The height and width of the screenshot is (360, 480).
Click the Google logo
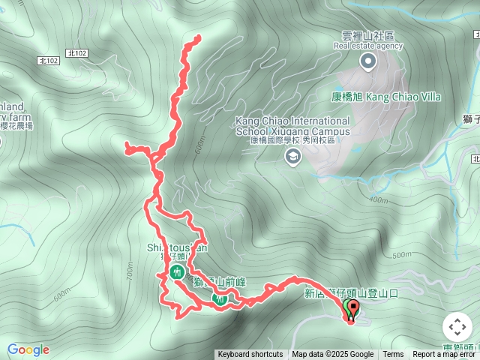[x=28, y=349]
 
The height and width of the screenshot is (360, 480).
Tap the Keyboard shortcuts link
[x=250, y=355]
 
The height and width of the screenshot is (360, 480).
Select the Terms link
[x=393, y=355]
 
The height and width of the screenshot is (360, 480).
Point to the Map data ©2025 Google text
[x=332, y=355]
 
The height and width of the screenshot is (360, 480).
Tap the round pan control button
[x=457, y=327]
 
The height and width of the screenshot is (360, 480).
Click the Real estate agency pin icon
[x=367, y=61]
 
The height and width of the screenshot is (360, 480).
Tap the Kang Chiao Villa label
[x=386, y=97]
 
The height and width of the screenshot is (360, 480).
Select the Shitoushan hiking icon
[x=178, y=271]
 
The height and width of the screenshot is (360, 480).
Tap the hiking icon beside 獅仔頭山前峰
[x=220, y=299]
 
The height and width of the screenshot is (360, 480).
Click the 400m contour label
[x=378, y=200]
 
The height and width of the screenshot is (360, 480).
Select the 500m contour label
[x=400, y=255]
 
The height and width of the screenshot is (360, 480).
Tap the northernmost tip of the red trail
[x=199, y=36]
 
